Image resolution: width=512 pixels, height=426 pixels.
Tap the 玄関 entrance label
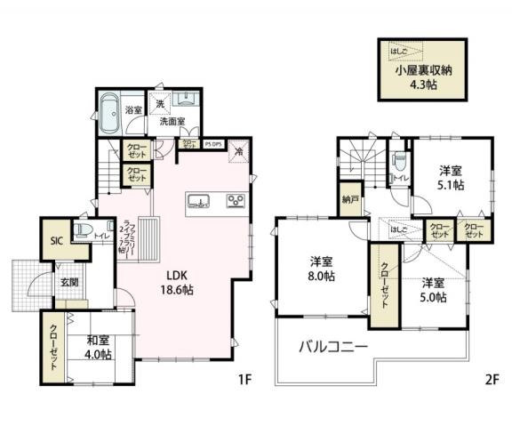click(x=70, y=283)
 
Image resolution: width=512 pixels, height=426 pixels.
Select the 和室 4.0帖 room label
click(x=99, y=346)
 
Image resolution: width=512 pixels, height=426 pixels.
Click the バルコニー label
click(x=332, y=345)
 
